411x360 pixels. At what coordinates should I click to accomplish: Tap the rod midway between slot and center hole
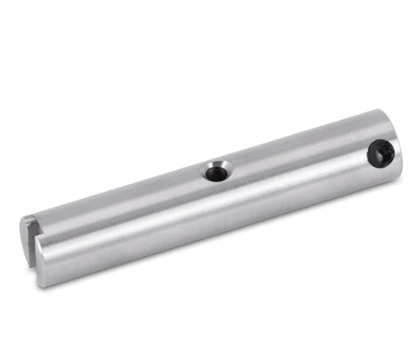point(126,213)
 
